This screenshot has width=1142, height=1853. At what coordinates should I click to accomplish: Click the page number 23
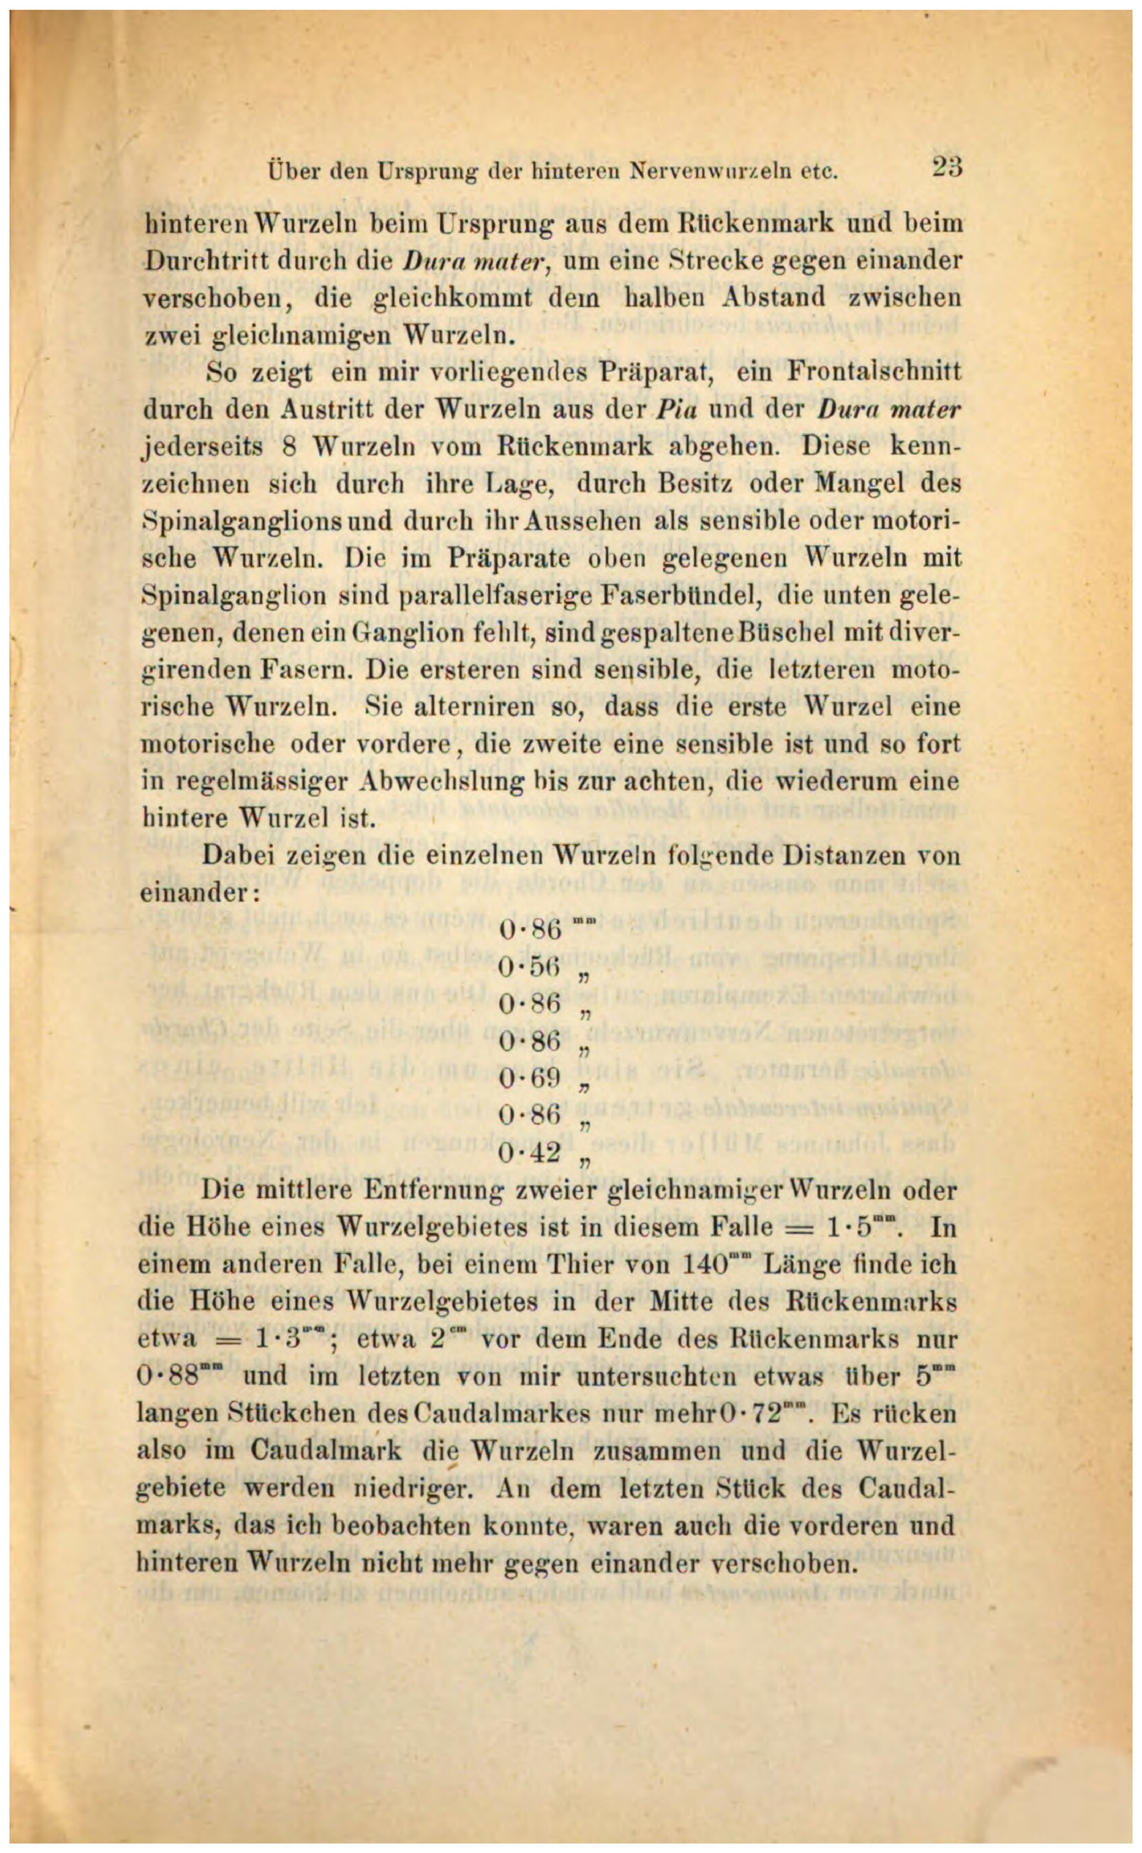click(946, 167)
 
